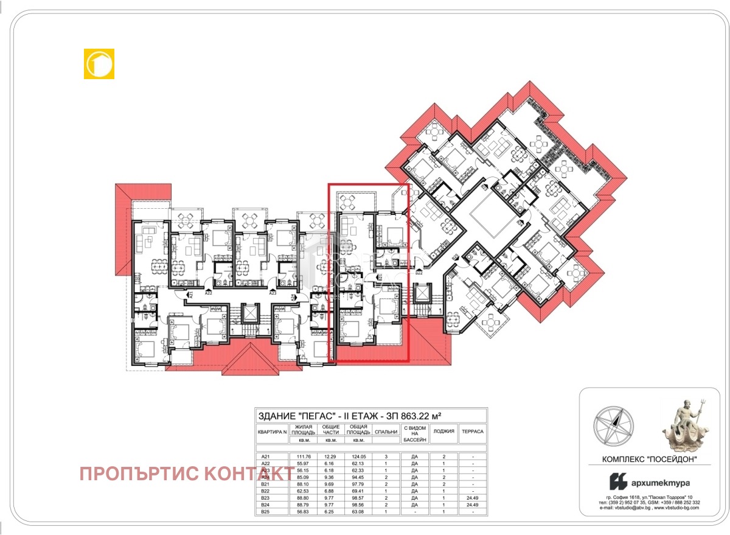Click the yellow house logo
pyautogui.click(x=99, y=64)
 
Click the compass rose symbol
pyautogui.click(x=613, y=425)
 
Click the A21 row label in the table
pyautogui.click(x=265, y=456)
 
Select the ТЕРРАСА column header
pyautogui.click(x=472, y=432)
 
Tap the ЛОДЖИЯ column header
pyautogui.click(x=443, y=432)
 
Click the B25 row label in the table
pyautogui.click(x=265, y=512)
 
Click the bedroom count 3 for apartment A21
pyautogui.click(x=386, y=456)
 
